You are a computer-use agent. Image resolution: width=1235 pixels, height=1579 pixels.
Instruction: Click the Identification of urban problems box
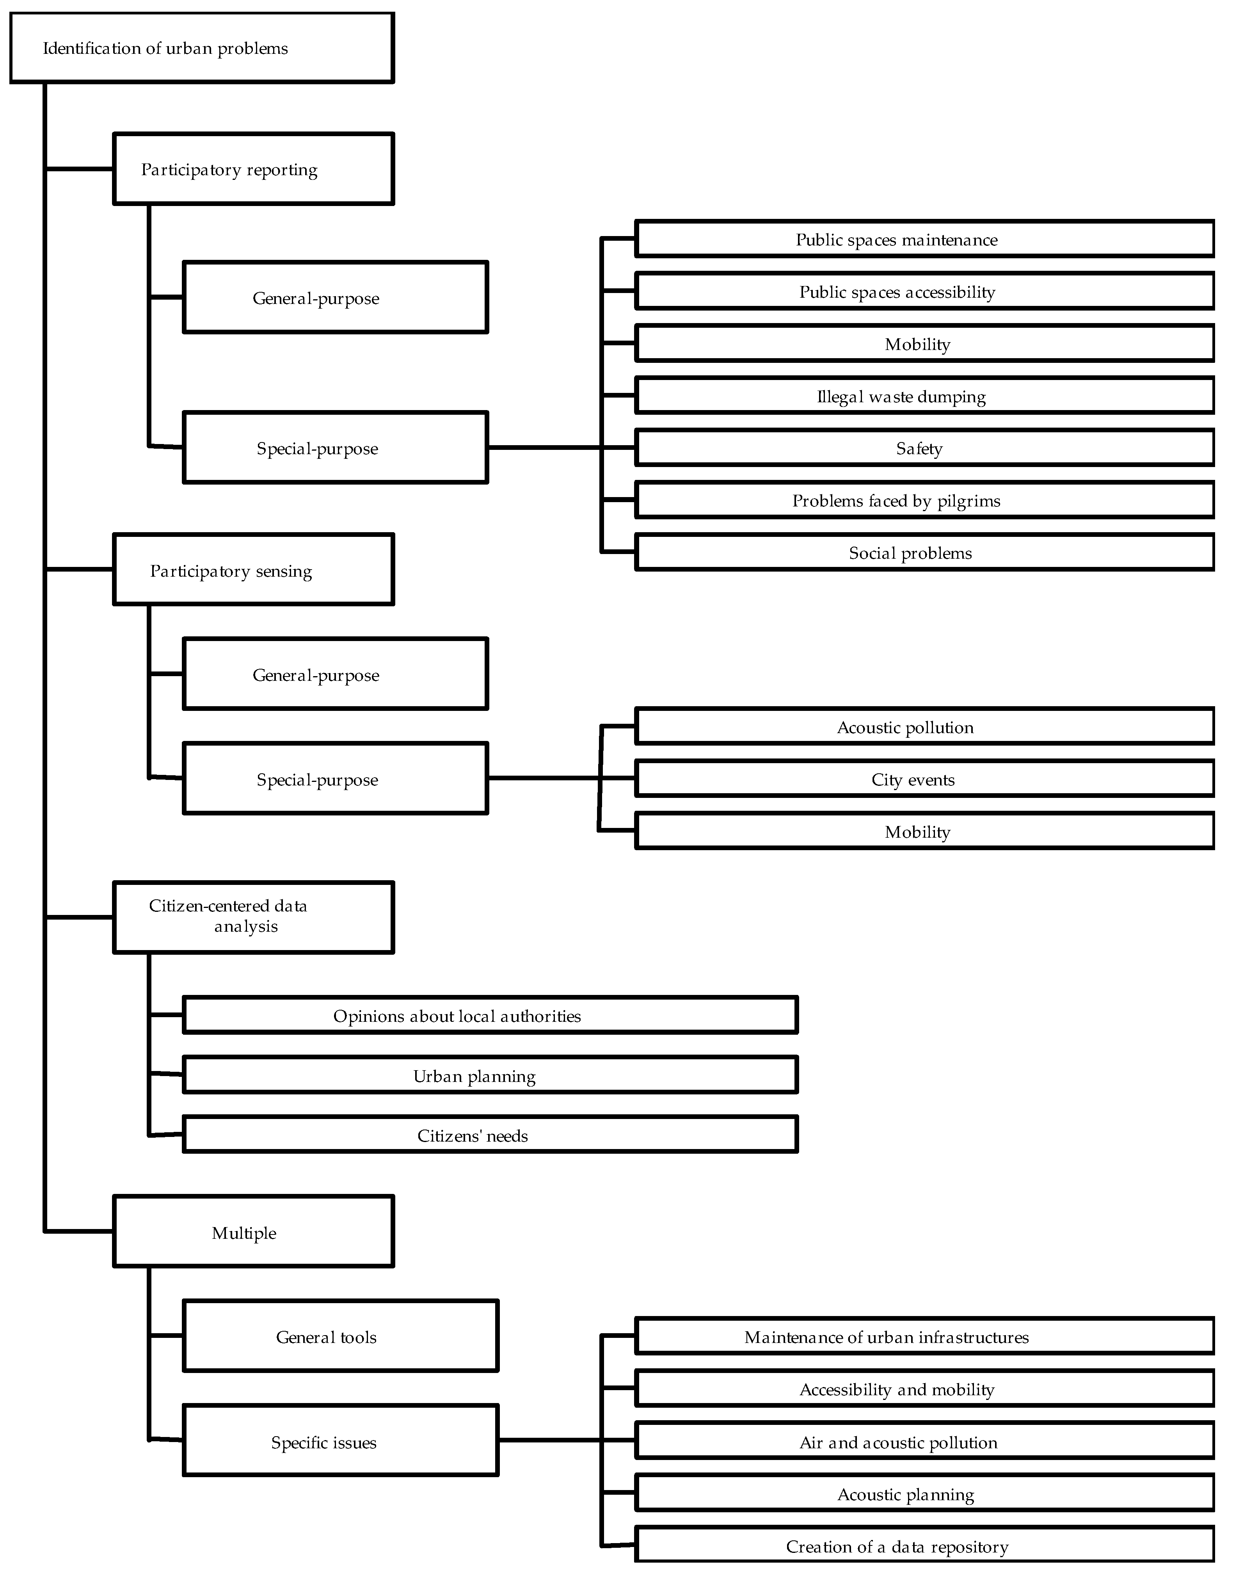click(x=202, y=48)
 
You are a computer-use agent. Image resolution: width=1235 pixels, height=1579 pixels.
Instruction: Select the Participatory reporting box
click(x=253, y=169)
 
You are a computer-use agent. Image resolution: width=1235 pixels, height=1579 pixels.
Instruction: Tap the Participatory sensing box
click(x=253, y=570)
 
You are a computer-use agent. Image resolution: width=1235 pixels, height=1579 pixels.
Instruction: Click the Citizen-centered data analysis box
click(x=253, y=917)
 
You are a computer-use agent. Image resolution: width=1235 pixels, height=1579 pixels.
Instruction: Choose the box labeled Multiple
click(x=253, y=1231)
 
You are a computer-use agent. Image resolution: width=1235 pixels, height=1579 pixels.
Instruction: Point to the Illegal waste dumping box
click(x=924, y=396)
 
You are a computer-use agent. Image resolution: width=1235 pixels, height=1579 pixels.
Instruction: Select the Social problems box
click(x=924, y=552)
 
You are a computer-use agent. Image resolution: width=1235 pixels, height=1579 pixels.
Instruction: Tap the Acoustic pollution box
click(x=924, y=726)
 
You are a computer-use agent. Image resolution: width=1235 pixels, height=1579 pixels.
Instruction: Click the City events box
click(x=924, y=779)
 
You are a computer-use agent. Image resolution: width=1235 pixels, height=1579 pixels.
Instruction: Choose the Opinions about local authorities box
click(x=490, y=1015)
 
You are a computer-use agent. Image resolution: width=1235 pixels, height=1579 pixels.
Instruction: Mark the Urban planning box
click(x=490, y=1075)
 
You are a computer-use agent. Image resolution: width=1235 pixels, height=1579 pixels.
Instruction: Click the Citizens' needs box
click(x=490, y=1134)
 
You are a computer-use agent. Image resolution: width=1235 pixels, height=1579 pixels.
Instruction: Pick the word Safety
click(x=919, y=448)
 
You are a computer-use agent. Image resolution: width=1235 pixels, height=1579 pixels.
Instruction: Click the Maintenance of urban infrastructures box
click(x=924, y=1336)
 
